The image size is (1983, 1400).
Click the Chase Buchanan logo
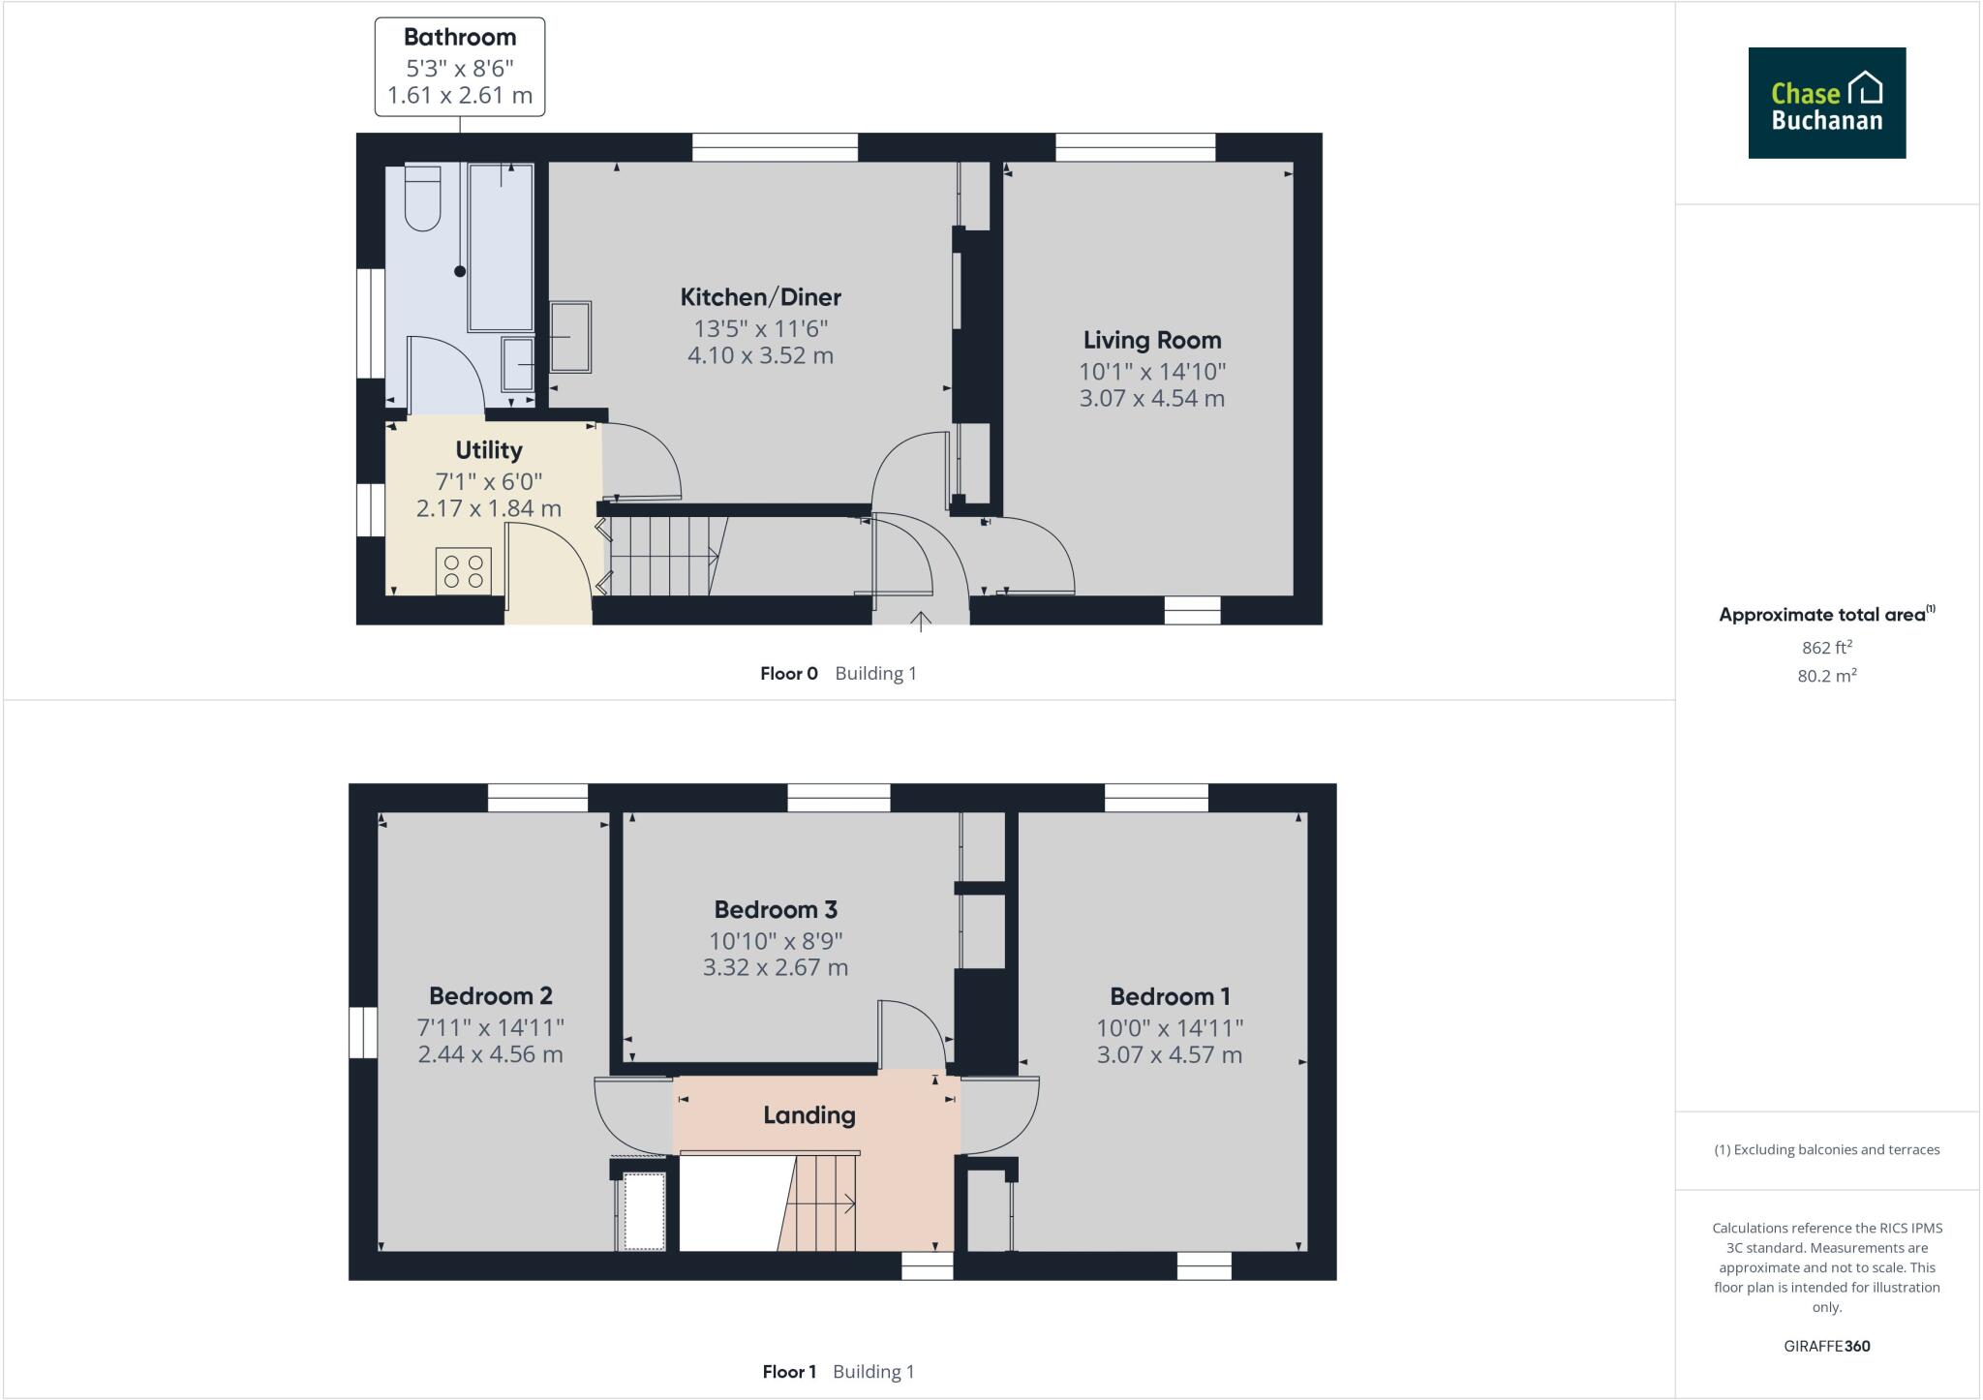coord(1826,103)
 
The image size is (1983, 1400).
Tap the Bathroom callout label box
coord(460,67)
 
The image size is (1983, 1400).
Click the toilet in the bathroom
coord(422,198)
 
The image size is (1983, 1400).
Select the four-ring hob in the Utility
coord(464,570)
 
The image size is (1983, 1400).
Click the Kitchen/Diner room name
coord(760,297)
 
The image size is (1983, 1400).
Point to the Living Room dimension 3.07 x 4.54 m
coord(1152,398)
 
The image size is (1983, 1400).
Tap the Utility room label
coord(489,450)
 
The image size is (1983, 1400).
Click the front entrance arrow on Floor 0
coord(920,620)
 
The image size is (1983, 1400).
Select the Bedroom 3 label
coord(776,910)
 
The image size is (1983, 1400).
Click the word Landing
coord(809,1115)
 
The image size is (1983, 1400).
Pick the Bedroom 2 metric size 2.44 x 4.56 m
coord(490,1054)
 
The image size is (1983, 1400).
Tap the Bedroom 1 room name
coord(1170,996)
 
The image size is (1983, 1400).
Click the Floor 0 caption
coord(789,674)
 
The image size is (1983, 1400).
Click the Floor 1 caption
coord(789,1372)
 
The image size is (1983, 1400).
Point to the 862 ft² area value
coord(1827,648)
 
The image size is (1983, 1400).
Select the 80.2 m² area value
coord(1827,676)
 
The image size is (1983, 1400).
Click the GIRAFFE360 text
coord(1827,1346)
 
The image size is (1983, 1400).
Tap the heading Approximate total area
coord(1822,615)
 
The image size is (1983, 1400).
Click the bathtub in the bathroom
coord(501,247)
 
